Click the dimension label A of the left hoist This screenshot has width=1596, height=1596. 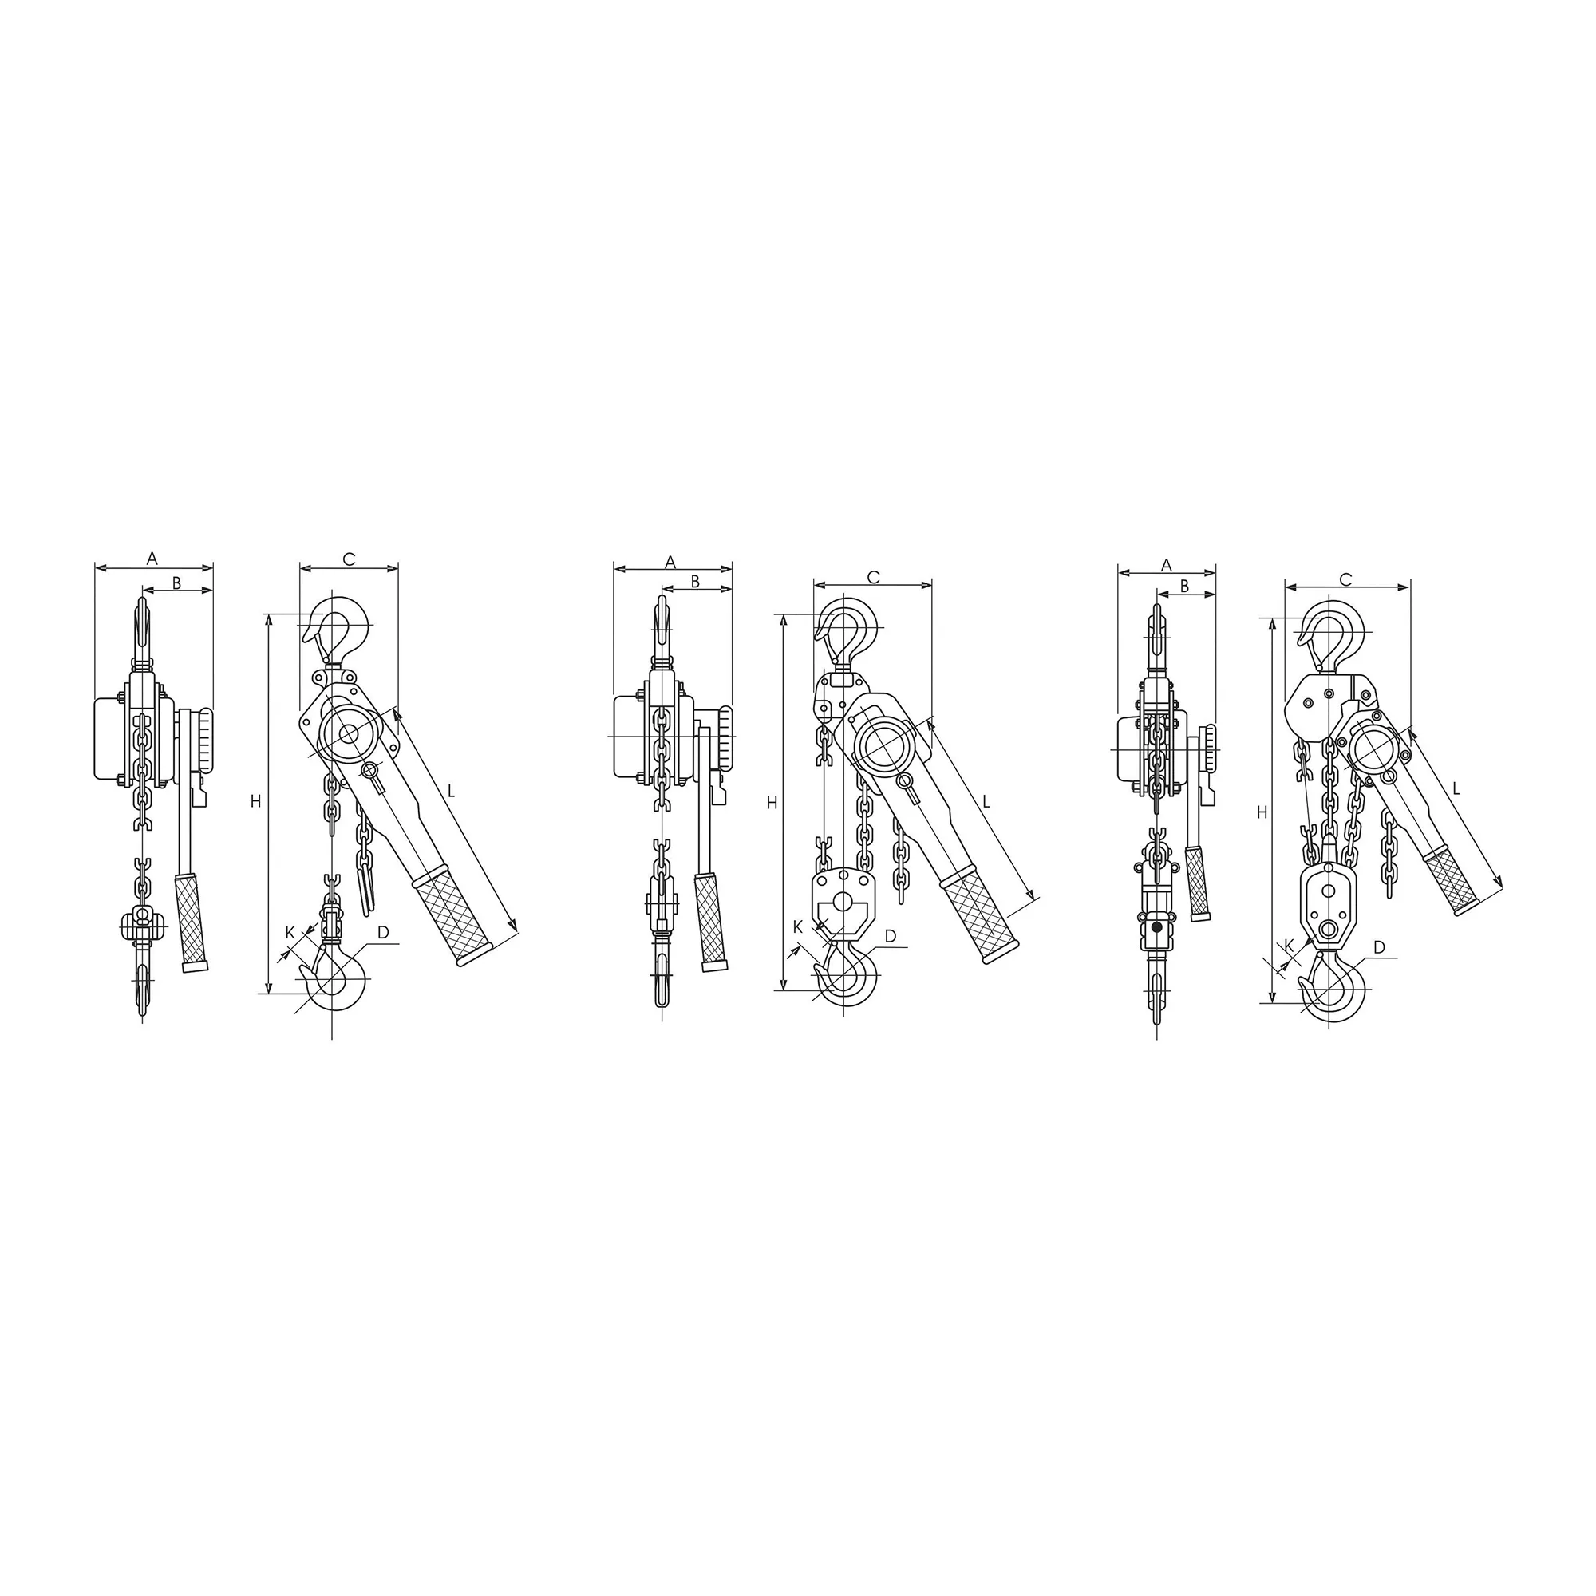pos(152,559)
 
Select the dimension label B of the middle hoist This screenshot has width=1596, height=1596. pos(696,582)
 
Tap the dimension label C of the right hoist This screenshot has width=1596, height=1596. pos(1345,580)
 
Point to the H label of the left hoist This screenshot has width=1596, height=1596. pos(256,800)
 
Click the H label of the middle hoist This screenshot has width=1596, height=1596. pos(772,802)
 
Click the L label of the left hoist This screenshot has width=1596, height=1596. pos(451,791)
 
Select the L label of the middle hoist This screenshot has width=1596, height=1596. pos(986,800)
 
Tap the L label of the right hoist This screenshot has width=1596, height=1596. pos(1456,789)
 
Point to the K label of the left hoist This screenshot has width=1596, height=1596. pos(290,933)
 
